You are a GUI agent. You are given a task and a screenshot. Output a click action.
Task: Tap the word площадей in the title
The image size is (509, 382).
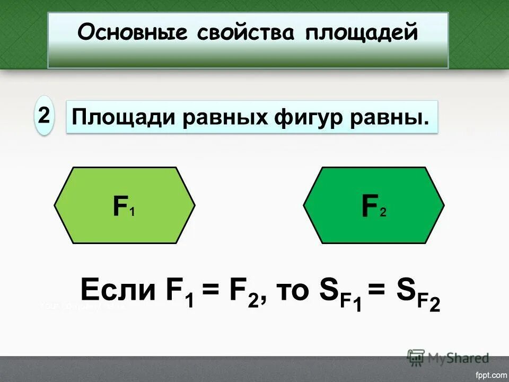coord(362,33)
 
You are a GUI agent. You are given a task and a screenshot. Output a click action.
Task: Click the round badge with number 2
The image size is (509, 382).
coord(44,114)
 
